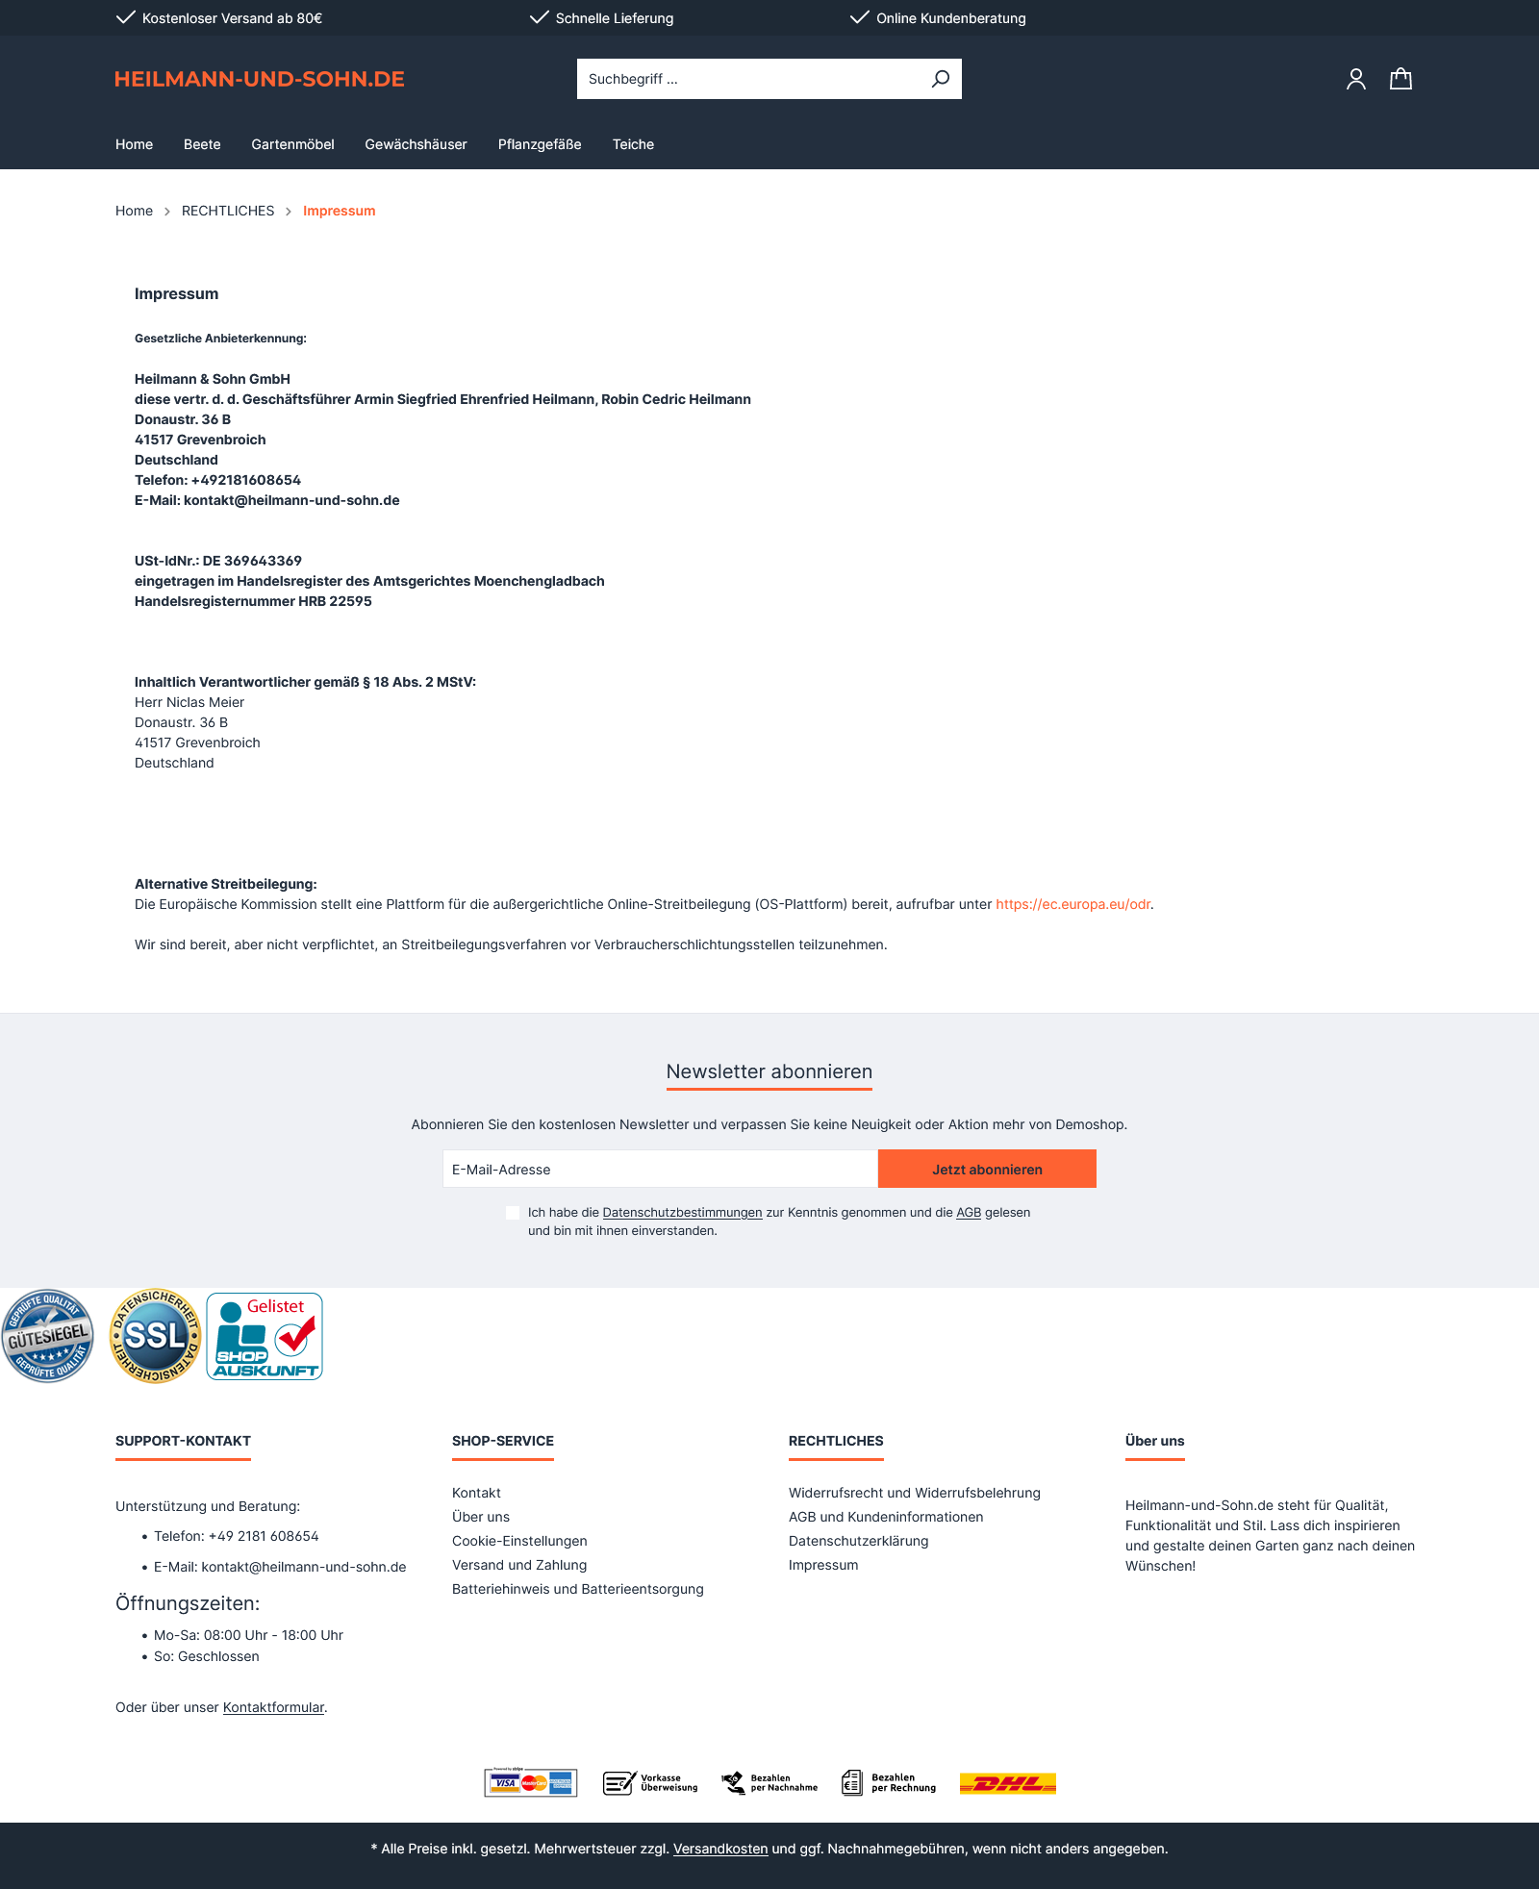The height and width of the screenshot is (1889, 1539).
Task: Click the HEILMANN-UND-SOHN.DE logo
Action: point(259,79)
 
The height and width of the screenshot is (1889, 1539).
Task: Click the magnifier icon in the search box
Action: point(940,79)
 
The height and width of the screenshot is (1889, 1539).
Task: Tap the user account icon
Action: point(1355,79)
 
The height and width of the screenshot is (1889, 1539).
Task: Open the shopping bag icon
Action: point(1400,79)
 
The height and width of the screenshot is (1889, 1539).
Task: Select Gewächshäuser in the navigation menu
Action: point(416,144)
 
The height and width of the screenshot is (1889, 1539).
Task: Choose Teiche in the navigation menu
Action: point(633,144)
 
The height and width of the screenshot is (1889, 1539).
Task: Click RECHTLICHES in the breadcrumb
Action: point(228,211)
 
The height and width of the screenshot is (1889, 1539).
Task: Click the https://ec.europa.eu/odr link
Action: point(1072,904)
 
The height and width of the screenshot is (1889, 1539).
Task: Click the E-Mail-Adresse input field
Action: point(660,1170)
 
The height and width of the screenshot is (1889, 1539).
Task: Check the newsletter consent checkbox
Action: point(513,1213)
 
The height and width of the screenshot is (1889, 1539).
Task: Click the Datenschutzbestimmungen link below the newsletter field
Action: point(682,1213)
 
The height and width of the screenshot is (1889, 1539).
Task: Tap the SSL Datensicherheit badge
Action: point(155,1336)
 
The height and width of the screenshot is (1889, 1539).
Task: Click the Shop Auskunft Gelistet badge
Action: point(265,1336)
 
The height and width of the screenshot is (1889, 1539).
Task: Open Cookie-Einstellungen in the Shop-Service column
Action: point(519,1541)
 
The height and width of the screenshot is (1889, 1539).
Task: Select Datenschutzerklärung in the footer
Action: point(858,1541)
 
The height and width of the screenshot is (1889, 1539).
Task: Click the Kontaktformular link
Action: point(273,1707)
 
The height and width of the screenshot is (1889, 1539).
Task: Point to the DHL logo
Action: point(1007,1783)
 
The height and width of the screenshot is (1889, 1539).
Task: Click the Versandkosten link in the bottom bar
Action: point(720,1849)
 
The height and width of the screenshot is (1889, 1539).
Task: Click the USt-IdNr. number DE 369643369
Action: point(252,561)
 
